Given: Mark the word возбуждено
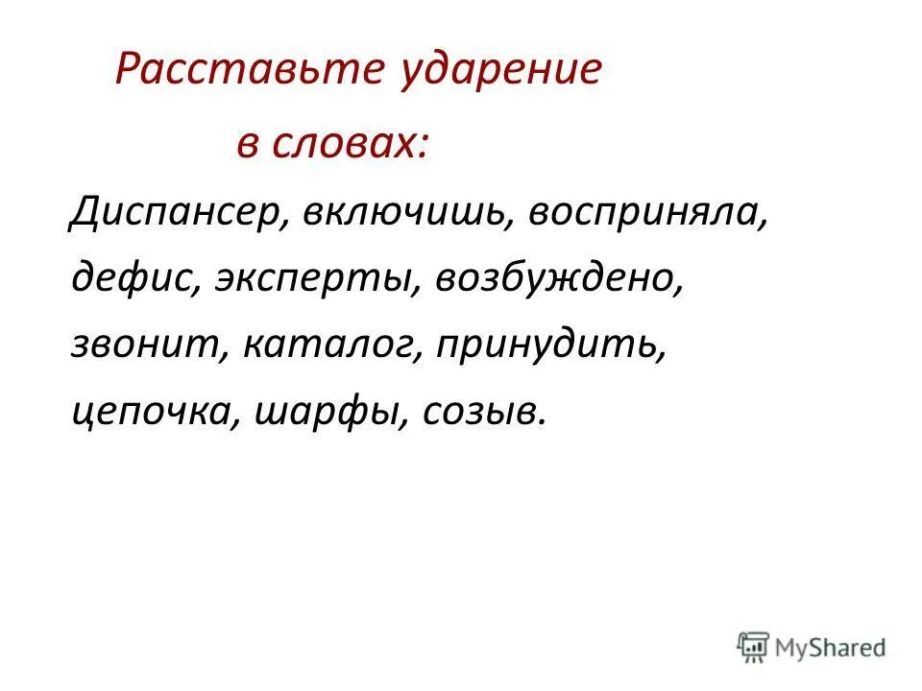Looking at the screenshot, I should [x=558, y=279].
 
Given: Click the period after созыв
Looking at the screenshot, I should [x=545, y=420].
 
